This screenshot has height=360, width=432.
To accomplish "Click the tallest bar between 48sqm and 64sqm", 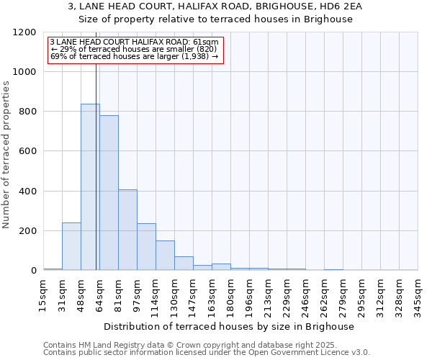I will pos(90,187).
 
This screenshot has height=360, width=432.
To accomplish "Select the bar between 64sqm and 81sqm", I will pos(109,193).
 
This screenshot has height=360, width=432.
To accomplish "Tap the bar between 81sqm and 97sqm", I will pos(127,230).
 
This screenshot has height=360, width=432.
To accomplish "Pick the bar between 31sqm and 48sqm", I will pos(71,246).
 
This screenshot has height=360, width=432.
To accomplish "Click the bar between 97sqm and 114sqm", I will pos(146,247).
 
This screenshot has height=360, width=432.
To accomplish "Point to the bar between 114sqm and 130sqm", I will pos(165,256).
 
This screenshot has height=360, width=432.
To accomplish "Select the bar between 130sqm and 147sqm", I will pos(184,264).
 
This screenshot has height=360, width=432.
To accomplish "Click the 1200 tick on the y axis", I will pos(25,32).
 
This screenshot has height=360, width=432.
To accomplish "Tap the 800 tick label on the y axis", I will pos(28,112).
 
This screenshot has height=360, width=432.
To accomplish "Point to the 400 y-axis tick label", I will pos(28,192).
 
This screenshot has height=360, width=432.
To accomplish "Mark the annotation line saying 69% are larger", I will pos(135,56).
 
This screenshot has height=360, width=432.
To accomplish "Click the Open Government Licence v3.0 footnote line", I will pos(207,353).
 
